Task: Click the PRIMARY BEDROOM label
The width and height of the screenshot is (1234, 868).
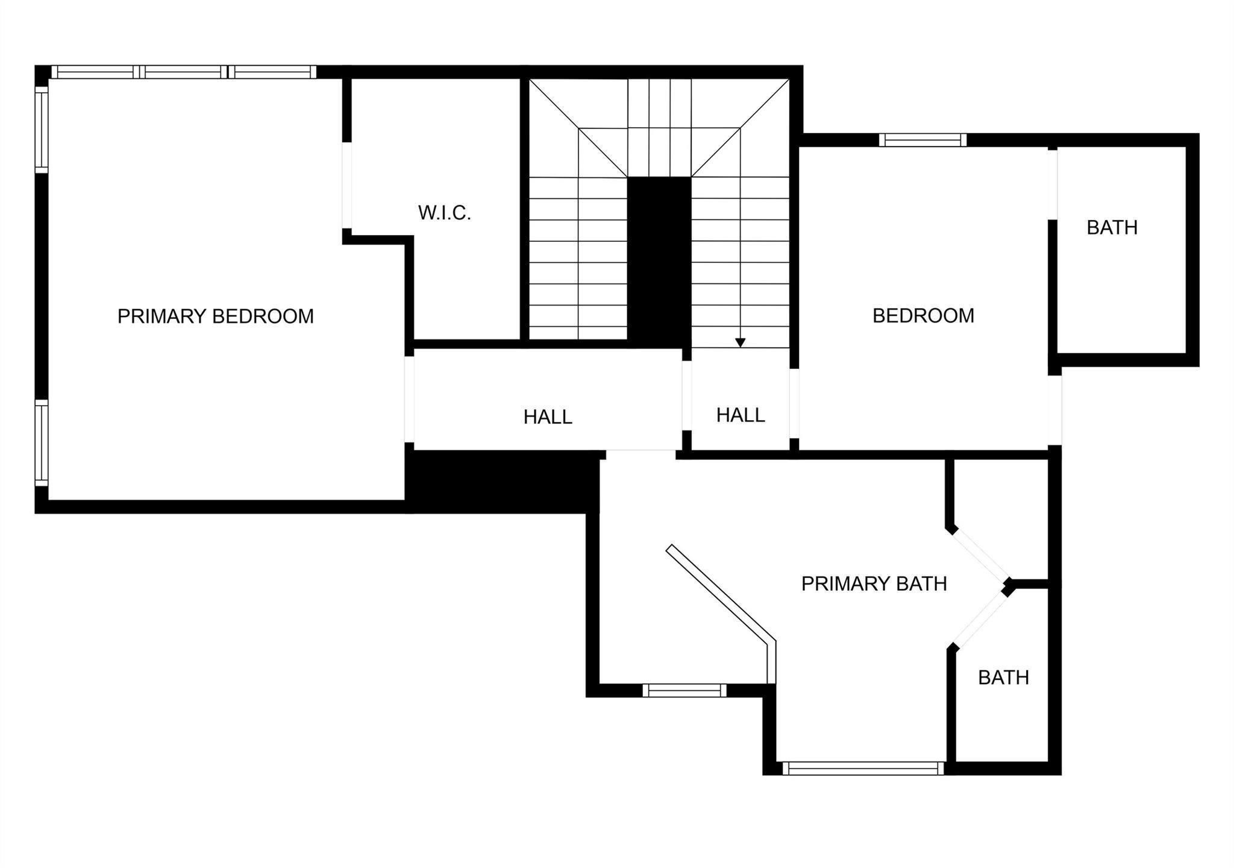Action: [215, 316]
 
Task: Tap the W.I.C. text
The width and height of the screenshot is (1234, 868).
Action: [444, 213]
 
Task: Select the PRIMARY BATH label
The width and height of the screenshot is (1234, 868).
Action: [874, 583]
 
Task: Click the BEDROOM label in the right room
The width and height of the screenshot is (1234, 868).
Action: [923, 316]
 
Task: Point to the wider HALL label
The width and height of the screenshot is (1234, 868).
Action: [547, 417]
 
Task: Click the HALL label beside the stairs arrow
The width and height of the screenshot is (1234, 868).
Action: [741, 415]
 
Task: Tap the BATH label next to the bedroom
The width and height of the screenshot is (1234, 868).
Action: [1112, 227]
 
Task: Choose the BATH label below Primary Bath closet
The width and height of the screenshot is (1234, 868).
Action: [1003, 678]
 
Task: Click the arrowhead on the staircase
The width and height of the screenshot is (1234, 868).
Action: [741, 342]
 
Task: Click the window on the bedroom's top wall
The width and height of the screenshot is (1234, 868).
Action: [922, 140]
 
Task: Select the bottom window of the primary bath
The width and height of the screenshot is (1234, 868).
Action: [863, 768]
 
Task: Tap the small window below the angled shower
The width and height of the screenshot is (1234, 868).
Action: [684, 690]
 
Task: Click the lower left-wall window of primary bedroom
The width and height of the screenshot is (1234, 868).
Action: [41, 444]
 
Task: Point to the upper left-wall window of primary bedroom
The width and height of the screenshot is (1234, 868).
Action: [41, 129]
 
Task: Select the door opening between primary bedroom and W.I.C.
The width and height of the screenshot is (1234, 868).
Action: [346, 185]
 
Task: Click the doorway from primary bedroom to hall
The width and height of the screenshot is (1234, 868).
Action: [409, 399]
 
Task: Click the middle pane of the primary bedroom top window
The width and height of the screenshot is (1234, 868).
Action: [184, 72]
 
